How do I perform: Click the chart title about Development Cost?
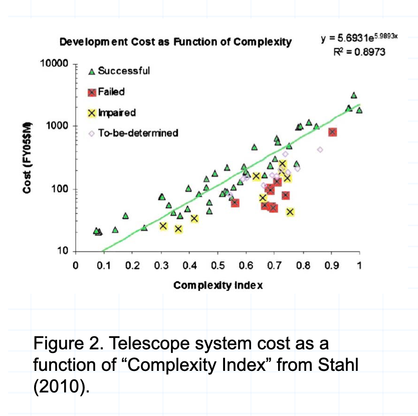click(x=175, y=42)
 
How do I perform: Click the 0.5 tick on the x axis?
click(x=218, y=265)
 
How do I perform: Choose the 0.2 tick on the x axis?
click(x=132, y=265)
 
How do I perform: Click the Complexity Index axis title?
click(x=218, y=286)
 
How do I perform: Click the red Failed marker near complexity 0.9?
click(x=332, y=132)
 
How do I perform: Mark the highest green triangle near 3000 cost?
click(x=354, y=95)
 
